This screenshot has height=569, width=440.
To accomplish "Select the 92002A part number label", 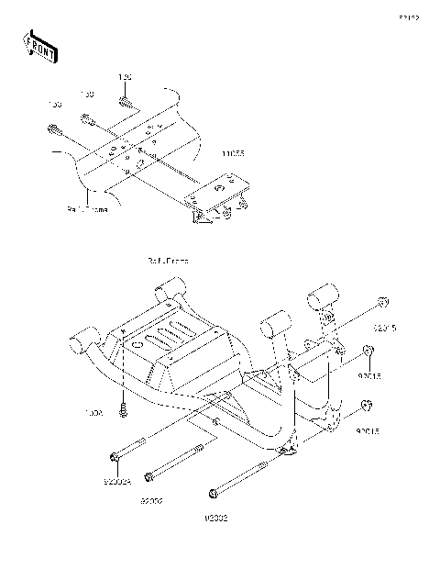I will pyautogui.click(x=117, y=480).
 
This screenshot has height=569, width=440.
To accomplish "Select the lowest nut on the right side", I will pyautogui.click(x=368, y=405).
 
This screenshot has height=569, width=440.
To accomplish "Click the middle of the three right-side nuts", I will pyautogui.click(x=368, y=351).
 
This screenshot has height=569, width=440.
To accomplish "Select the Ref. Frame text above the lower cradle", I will pyautogui.click(x=168, y=261).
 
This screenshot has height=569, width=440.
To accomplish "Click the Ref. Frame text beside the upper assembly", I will pyautogui.click(x=87, y=209).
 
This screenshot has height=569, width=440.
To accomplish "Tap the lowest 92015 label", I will pyautogui.click(x=369, y=428).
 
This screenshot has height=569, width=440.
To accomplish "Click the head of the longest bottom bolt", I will pyautogui.click(x=214, y=495).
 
